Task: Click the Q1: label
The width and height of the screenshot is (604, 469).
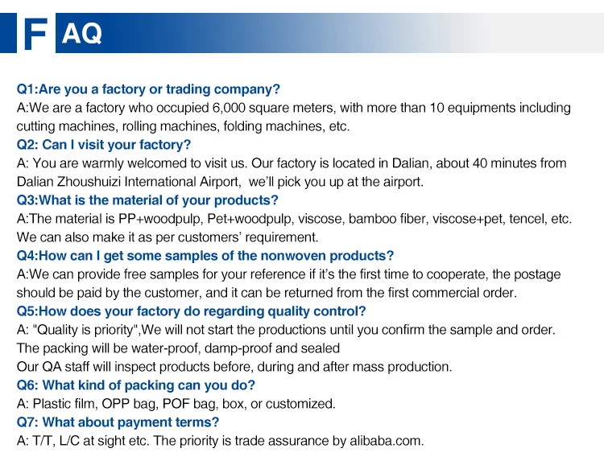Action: (27, 89)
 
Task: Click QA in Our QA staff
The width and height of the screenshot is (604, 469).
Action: (52, 367)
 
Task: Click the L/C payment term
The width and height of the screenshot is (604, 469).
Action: (68, 441)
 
